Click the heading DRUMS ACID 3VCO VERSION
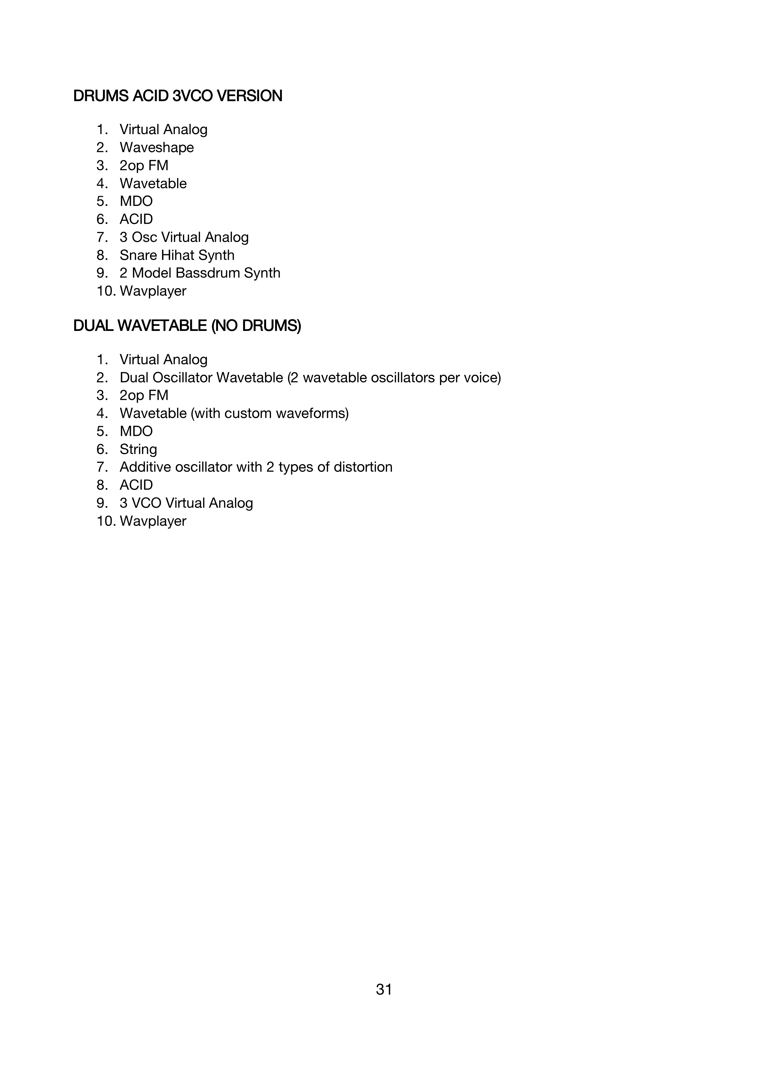tap(178, 96)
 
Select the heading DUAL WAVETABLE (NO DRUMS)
tap(187, 326)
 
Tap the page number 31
tap(384, 989)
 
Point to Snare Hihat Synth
tap(177, 255)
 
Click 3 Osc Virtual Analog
tap(184, 237)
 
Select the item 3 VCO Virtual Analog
tap(186, 503)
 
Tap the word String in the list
tap(138, 449)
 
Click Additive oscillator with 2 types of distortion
tap(256, 467)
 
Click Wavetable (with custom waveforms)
tap(234, 413)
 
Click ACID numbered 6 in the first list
tap(136, 219)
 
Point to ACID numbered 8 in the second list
tap(136, 485)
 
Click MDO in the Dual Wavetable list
tap(136, 431)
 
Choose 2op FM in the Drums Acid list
tap(144, 165)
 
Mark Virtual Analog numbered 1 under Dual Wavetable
tap(163, 359)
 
